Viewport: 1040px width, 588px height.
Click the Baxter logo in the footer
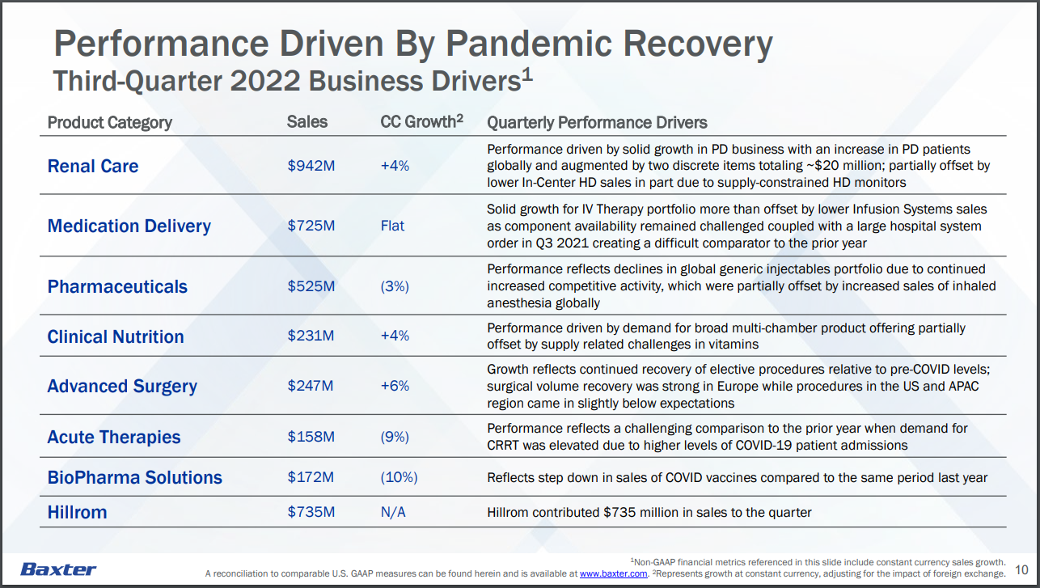[x=58, y=569]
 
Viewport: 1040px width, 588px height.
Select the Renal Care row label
[x=93, y=166]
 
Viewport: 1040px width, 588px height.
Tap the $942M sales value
[x=311, y=166]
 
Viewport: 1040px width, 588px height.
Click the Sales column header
[x=307, y=122]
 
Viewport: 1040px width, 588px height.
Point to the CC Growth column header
[x=421, y=122]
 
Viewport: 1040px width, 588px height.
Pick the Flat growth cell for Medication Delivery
[x=392, y=226]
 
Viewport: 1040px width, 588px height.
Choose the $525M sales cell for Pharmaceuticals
[x=311, y=286]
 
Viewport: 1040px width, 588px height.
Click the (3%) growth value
[x=395, y=286]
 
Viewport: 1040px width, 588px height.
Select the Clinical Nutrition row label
[x=116, y=336]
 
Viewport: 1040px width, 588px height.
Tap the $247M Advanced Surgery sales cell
[x=311, y=386]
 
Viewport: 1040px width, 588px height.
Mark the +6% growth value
[x=395, y=386]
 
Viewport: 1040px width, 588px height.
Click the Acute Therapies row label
[x=114, y=437]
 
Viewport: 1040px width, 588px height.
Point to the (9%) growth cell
[x=395, y=437]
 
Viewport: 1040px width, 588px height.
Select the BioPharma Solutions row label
[x=135, y=477]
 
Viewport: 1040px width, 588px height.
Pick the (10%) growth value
[x=399, y=477]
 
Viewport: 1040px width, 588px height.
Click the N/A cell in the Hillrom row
[x=393, y=512]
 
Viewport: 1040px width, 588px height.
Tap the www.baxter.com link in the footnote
[x=614, y=573]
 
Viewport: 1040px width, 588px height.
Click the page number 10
[x=1021, y=569]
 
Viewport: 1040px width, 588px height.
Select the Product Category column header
[x=110, y=122]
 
